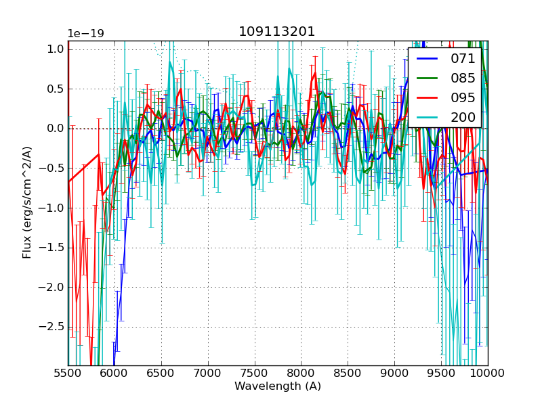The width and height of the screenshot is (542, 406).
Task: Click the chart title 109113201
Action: point(276,32)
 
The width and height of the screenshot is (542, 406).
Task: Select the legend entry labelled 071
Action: point(462,59)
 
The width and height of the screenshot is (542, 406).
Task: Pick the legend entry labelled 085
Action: point(462,78)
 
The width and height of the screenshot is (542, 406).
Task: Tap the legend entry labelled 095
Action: point(462,97)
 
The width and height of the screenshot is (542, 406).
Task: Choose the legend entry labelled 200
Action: point(462,117)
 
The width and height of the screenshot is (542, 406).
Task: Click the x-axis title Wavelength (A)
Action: point(278,386)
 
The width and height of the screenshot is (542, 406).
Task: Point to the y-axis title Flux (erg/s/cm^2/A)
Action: point(27,202)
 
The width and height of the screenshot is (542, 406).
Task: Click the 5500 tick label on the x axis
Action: point(68,373)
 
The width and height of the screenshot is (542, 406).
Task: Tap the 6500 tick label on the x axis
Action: point(161,373)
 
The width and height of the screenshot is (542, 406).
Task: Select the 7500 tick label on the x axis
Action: point(255,373)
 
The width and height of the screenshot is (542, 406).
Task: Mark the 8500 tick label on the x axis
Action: point(348,373)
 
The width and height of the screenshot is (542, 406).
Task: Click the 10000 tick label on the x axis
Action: point(488,373)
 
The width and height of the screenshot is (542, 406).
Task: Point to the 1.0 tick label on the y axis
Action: point(56,49)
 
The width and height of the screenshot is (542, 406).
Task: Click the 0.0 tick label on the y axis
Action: point(56,129)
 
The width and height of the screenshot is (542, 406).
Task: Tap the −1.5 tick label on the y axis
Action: point(54,248)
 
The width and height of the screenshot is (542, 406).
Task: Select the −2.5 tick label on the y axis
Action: point(54,328)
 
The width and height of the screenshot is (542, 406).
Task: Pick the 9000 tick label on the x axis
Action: point(394,373)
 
